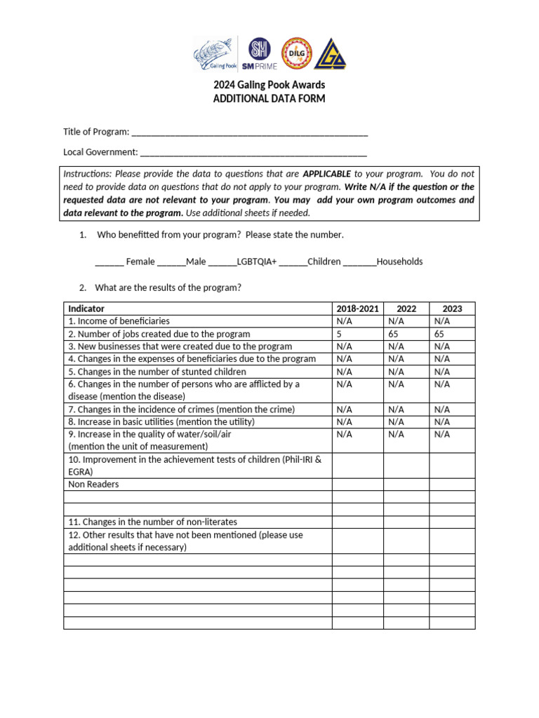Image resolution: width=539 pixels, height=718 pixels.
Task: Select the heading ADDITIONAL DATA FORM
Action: point(269,99)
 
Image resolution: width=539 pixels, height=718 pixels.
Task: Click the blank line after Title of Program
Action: point(249,133)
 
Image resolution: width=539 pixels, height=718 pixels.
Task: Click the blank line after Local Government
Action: point(253,152)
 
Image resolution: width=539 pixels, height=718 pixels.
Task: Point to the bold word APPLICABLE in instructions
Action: point(326,174)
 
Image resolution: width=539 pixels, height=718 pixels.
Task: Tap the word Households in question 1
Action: point(399,262)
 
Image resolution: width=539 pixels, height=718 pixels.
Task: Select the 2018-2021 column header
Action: point(357,309)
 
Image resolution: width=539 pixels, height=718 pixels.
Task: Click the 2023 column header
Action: point(452,309)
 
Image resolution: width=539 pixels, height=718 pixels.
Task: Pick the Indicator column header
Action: point(86,309)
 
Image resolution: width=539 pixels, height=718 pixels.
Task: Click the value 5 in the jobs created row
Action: point(340,334)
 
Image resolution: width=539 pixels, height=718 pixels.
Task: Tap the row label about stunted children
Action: point(157,372)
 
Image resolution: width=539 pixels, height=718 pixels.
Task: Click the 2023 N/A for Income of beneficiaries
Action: point(442,321)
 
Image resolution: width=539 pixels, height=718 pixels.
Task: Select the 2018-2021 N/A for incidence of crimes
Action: point(344,409)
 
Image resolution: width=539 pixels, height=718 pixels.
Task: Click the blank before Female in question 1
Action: point(109,262)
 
